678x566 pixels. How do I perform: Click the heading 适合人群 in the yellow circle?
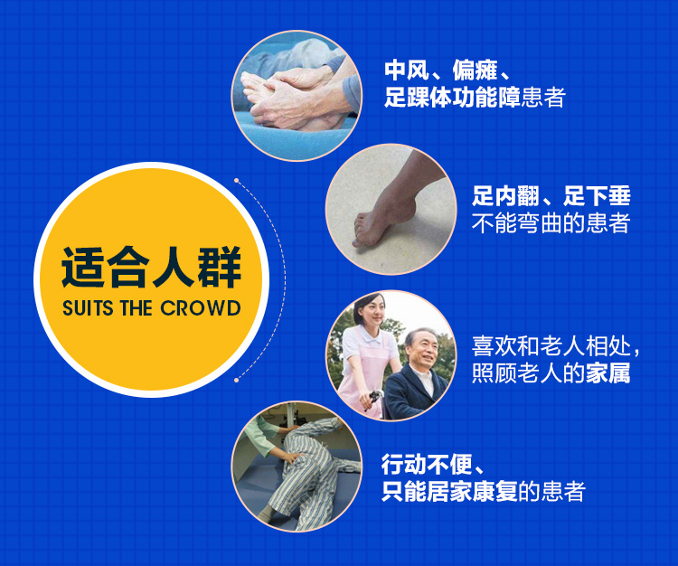coord(151,268)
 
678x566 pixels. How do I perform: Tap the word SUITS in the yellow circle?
coord(89,308)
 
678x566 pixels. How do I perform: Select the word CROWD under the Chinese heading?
coord(200,308)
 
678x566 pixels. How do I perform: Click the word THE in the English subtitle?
coord(137,308)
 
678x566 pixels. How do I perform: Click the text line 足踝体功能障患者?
coord(475,98)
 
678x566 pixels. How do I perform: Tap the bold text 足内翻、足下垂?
coord(551,196)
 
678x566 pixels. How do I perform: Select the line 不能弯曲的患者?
coord(551,223)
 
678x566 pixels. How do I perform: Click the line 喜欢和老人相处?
coord(556,346)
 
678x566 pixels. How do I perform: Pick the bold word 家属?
coord(608,373)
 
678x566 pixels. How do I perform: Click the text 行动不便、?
coord(433,465)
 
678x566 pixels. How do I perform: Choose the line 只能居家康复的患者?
coord(484,491)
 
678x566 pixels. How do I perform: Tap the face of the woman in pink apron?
coord(370,310)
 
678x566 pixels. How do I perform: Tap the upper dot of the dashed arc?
coord(237,180)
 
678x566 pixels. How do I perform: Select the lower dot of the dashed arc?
coord(236,380)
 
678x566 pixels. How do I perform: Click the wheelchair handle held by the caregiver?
coord(374,397)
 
